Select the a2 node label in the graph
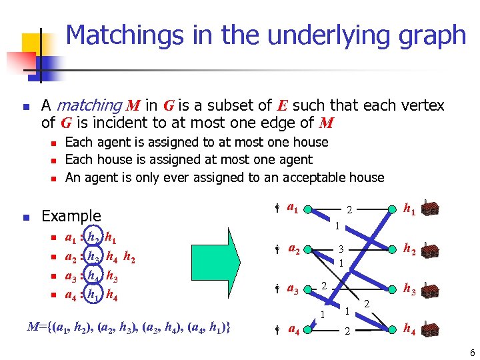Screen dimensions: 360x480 (293, 249)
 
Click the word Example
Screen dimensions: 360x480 (71, 216)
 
